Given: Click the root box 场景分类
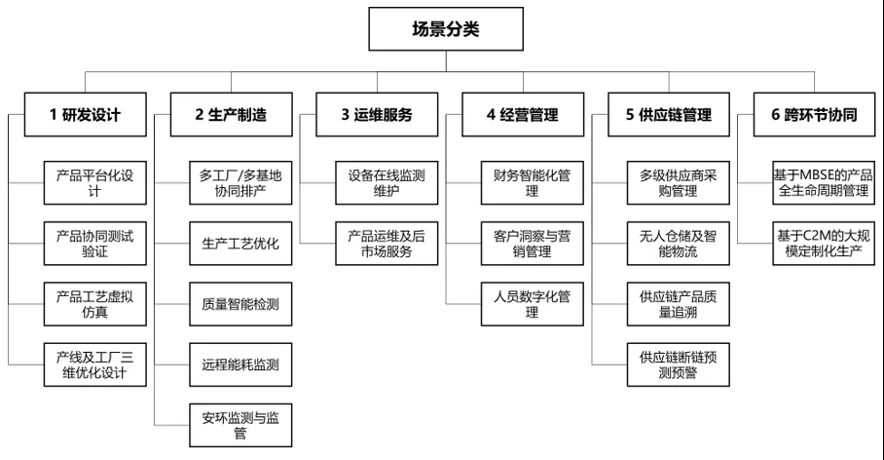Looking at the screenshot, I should (446, 29).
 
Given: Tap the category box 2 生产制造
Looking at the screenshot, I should (231, 115).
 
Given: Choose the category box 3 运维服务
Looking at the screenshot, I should (377, 115).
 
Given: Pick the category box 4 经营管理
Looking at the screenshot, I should (523, 115).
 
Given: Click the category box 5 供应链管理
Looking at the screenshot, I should (669, 115).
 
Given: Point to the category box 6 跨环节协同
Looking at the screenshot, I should (814, 115).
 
